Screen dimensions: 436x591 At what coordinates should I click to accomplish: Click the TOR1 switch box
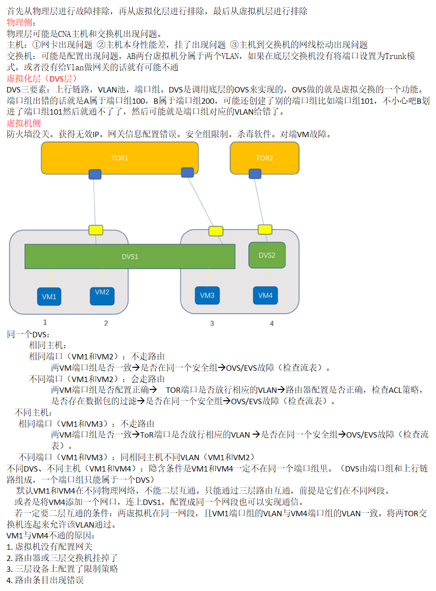(119, 158)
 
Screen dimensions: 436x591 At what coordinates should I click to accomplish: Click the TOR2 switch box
(264, 158)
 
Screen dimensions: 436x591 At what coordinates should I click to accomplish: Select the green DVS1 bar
(130, 256)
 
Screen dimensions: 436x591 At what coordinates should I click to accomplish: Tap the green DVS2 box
(267, 255)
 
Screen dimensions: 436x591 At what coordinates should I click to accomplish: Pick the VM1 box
(49, 296)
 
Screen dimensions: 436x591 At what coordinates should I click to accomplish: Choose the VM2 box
(102, 296)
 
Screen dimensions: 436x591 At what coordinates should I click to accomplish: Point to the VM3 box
(207, 295)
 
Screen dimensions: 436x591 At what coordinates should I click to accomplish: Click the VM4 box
(265, 295)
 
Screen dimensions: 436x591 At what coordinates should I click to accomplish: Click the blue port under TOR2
(255, 174)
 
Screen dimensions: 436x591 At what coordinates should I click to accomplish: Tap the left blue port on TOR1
(95, 174)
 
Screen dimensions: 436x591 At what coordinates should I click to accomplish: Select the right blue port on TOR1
(187, 173)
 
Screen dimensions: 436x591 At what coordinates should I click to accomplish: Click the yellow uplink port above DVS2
(265, 230)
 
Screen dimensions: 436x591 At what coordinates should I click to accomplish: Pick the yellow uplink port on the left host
(96, 230)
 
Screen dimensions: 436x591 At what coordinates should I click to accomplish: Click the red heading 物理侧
(19, 23)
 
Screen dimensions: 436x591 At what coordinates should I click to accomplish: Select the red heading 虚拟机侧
(24, 123)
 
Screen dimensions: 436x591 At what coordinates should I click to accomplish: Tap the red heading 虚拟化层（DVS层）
(42, 78)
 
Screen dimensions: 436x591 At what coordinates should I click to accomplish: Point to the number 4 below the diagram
(271, 323)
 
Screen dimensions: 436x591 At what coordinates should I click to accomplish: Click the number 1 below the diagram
(45, 322)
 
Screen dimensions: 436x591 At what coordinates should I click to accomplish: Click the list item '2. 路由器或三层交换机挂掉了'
(62, 558)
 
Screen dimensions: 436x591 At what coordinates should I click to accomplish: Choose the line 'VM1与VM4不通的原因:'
(50, 535)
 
